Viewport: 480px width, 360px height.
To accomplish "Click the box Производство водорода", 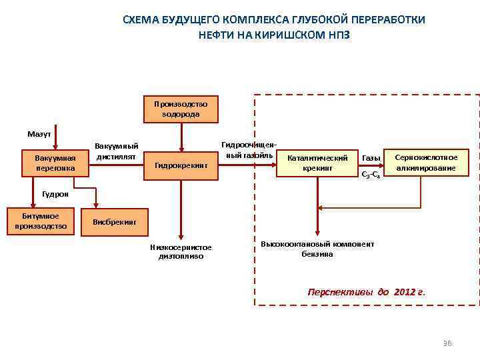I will point(180,109).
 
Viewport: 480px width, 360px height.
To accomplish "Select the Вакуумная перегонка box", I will point(56,163).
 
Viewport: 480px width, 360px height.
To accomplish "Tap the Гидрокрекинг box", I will point(181,165).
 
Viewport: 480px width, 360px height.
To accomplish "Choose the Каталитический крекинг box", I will point(317,163).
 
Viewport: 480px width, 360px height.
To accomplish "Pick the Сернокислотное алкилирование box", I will point(425,163).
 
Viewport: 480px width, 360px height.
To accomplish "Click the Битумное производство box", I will point(41,221).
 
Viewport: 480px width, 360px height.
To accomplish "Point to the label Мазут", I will point(39,134).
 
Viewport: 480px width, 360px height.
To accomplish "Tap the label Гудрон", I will point(55,193).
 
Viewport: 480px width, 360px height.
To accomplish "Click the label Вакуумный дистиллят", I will point(117,151).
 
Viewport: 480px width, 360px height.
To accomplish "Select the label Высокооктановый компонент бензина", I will point(317,249).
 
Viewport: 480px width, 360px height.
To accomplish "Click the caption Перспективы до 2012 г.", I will point(365,292).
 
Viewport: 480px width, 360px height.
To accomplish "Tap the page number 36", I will point(447,343).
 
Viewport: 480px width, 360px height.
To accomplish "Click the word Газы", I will point(371,158).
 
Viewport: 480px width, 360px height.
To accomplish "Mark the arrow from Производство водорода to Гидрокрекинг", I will point(180,137).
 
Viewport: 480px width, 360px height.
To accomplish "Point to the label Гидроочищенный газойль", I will point(249,150).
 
